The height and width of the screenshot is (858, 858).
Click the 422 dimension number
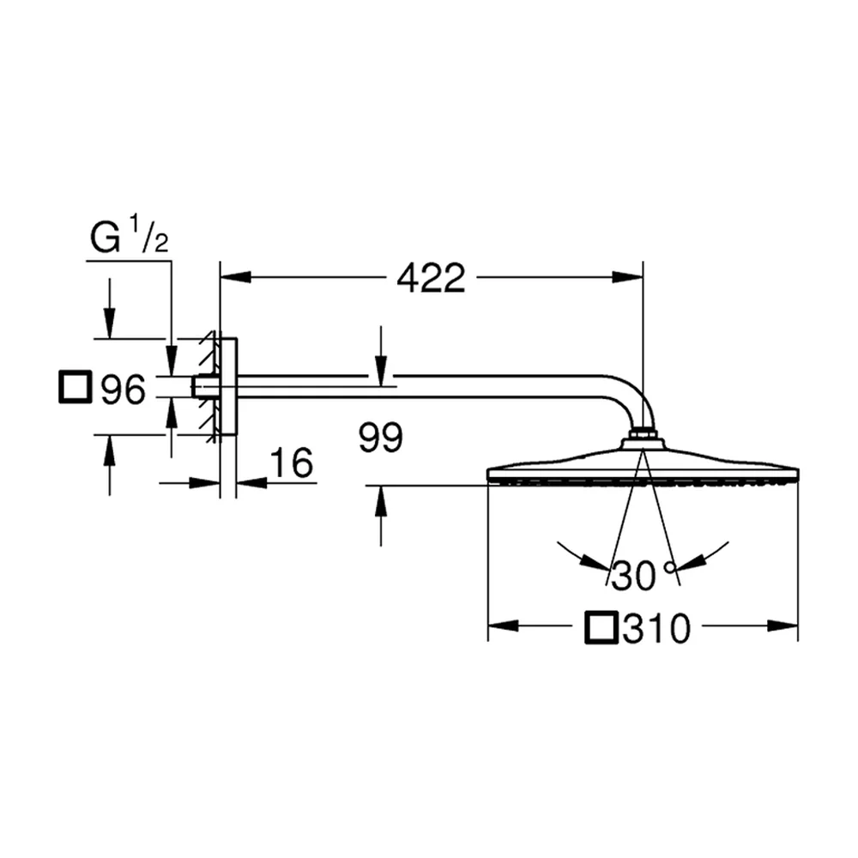click(x=431, y=278)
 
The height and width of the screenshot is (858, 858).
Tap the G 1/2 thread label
click(x=130, y=236)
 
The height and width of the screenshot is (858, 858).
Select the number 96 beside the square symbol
click(x=123, y=389)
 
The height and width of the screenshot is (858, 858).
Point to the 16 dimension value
click(x=292, y=463)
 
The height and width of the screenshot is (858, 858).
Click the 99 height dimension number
click(x=381, y=438)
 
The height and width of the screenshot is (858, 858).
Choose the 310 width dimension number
click(x=656, y=629)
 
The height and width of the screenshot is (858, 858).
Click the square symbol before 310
click(x=601, y=628)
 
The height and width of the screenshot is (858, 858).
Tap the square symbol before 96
click(x=75, y=387)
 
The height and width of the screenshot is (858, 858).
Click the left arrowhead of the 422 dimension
click(x=235, y=277)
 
